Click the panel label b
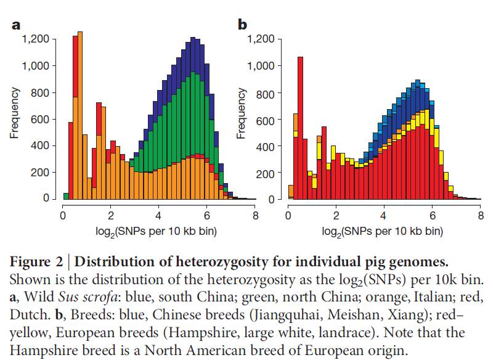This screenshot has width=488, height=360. (242, 25)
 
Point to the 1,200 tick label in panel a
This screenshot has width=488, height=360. (36, 39)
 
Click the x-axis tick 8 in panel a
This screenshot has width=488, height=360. (255, 215)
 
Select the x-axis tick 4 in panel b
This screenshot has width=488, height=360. (384, 215)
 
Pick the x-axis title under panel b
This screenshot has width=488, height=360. (384, 232)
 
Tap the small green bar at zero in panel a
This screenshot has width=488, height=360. (65, 196)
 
